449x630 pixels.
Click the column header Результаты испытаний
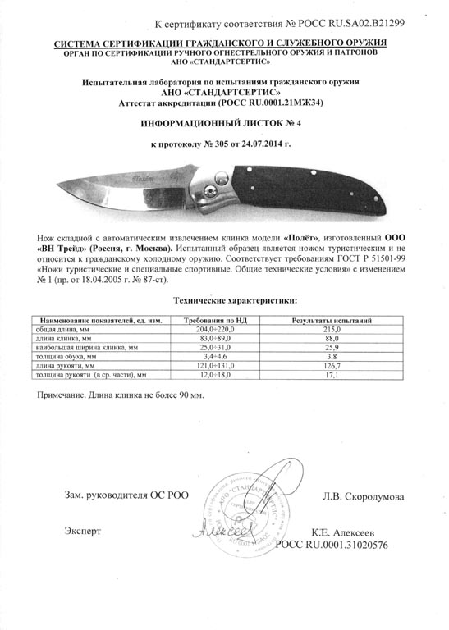point(332,318)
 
